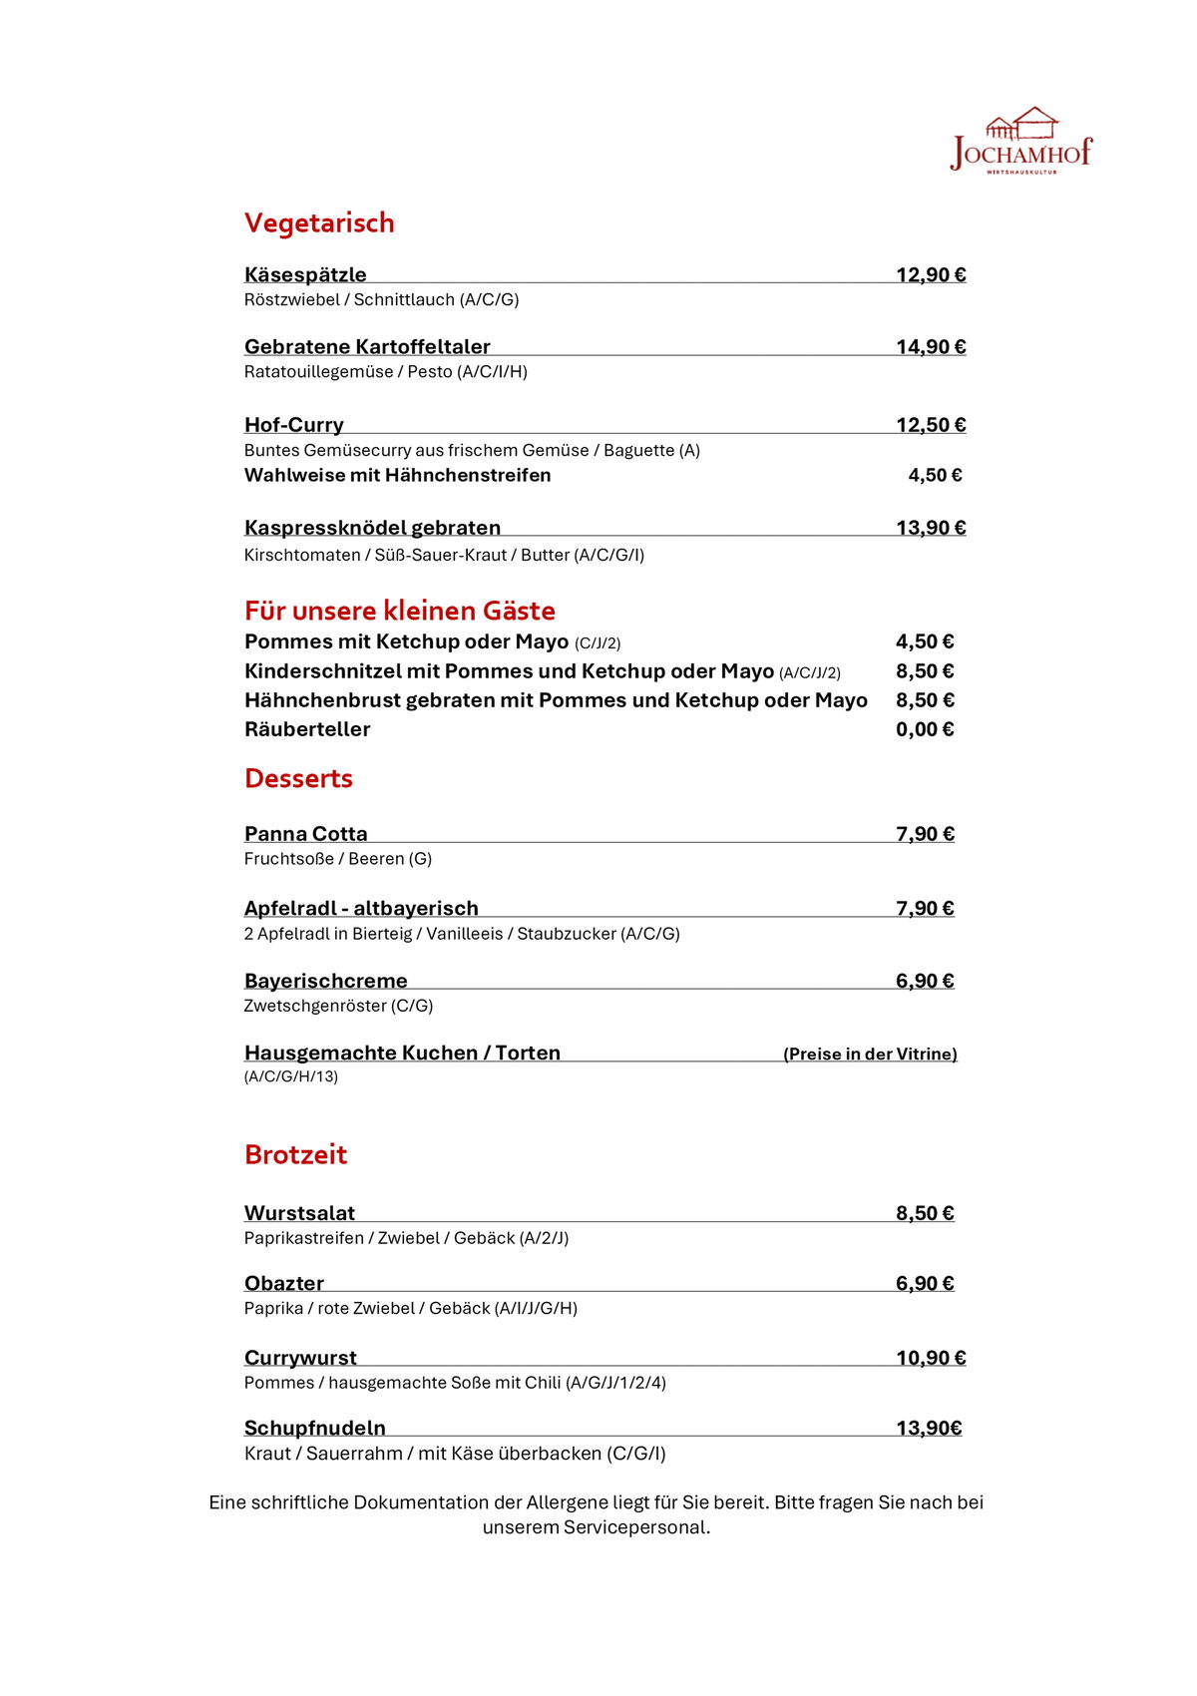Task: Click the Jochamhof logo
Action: click(x=1021, y=142)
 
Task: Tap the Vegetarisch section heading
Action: click(x=319, y=222)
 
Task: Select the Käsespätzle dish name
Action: click(x=305, y=274)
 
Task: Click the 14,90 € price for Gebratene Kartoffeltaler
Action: click(x=931, y=346)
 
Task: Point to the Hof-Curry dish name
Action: click(x=294, y=424)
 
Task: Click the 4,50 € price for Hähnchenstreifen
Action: click(x=935, y=475)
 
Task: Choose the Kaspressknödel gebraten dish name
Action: click(x=372, y=527)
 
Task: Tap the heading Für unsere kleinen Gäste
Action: click(x=399, y=610)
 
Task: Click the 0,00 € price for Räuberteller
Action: click(x=925, y=729)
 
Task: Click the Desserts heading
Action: click(x=298, y=778)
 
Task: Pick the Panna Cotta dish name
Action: click(x=305, y=833)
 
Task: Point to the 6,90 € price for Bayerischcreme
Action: click(x=925, y=981)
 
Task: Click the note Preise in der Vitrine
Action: click(x=870, y=1054)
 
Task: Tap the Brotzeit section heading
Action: click(x=295, y=1154)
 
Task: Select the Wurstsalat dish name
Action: click(x=299, y=1213)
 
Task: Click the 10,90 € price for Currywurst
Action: click(x=931, y=1357)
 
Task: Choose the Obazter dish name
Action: click(x=284, y=1283)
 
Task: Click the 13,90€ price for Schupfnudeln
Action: click(x=929, y=1428)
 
